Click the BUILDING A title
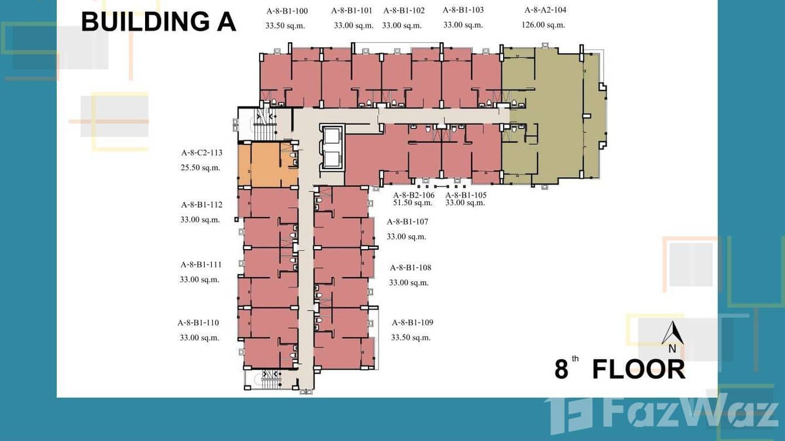[x=158, y=21]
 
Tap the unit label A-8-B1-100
[x=287, y=11]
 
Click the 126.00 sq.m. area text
[x=543, y=25]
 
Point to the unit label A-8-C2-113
[x=202, y=153]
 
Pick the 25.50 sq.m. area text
[x=201, y=168]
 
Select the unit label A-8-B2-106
[x=414, y=195]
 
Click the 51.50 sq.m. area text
[x=413, y=203]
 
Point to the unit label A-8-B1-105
[x=466, y=195]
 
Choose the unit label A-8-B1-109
[x=412, y=323]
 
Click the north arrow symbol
[x=672, y=335]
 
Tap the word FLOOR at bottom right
[x=638, y=370]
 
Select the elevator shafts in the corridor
[x=331, y=147]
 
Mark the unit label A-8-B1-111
[x=201, y=265]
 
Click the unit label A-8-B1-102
[x=404, y=11]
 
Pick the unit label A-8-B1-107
[x=407, y=222]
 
